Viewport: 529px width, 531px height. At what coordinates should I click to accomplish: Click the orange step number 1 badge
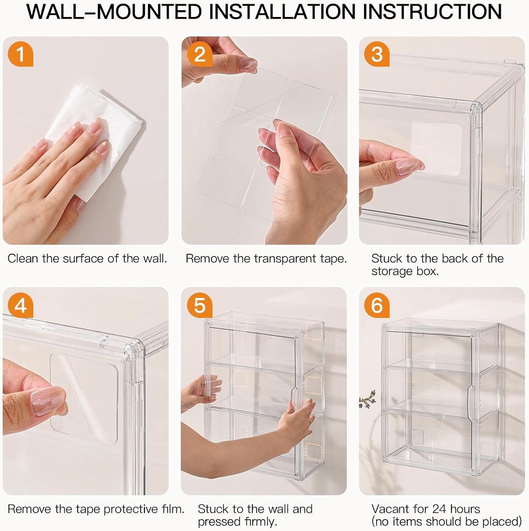[x=21, y=54]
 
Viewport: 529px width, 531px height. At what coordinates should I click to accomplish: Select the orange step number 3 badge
[x=377, y=54]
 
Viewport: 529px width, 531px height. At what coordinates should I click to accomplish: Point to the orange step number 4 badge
[x=21, y=305]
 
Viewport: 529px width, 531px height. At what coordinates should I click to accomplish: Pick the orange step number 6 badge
[x=377, y=305]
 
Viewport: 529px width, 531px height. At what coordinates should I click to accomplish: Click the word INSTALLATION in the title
[x=281, y=12]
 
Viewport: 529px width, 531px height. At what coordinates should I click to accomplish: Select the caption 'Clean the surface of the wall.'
[x=87, y=259]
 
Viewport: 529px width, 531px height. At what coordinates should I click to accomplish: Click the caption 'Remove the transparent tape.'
[x=266, y=259]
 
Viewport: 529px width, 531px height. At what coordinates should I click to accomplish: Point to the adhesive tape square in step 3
[x=437, y=149]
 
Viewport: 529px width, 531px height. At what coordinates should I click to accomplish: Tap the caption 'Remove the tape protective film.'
[x=96, y=509]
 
